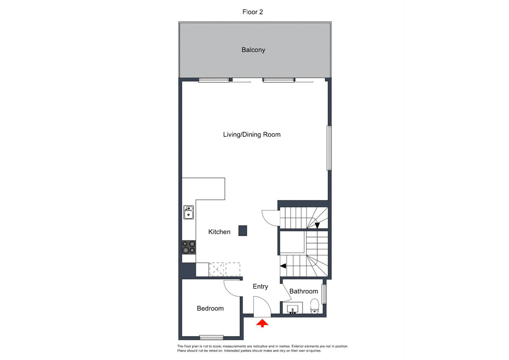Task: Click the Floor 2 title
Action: tap(252, 12)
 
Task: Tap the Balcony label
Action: tap(253, 50)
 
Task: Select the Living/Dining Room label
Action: tap(252, 135)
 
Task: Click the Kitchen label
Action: tap(219, 232)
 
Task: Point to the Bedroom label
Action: tap(210, 308)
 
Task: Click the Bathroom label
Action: tap(303, 291)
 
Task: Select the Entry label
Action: tap(260, 287)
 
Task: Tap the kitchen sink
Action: tap(189, 212)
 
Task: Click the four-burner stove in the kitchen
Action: tap(189, 247)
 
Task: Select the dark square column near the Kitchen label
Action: tap(243, 231)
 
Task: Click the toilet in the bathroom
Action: tap(314, 306)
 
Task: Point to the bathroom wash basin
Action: tap(292, 309)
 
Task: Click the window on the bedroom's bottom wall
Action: tap(211, 338)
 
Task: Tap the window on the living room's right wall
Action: tap(329, 148)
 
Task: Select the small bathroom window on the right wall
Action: tap(324, 294)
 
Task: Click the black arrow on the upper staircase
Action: tap(317, 225)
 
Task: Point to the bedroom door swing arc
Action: tap(231, 290)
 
